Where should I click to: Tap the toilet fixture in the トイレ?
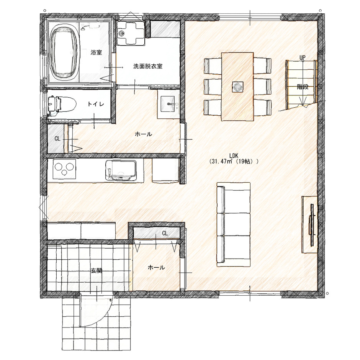pos(62,105)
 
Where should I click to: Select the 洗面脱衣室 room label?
pos(148,66)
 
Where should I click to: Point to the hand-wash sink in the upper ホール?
pos(168,104)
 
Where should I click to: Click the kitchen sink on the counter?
pos(121,170)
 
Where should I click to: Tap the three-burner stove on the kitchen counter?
pos(64,169)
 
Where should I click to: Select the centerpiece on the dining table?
pos(237,87)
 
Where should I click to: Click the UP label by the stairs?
pos(303,57)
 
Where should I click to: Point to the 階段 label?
pos(303,87)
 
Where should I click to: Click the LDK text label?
pos(234,156)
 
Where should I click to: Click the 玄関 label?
pos(97,271)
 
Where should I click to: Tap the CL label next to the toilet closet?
pos(57,139)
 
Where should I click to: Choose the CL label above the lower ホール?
pos(165,234)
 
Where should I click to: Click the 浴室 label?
pos(96,52)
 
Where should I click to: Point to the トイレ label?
pos(96,104)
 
